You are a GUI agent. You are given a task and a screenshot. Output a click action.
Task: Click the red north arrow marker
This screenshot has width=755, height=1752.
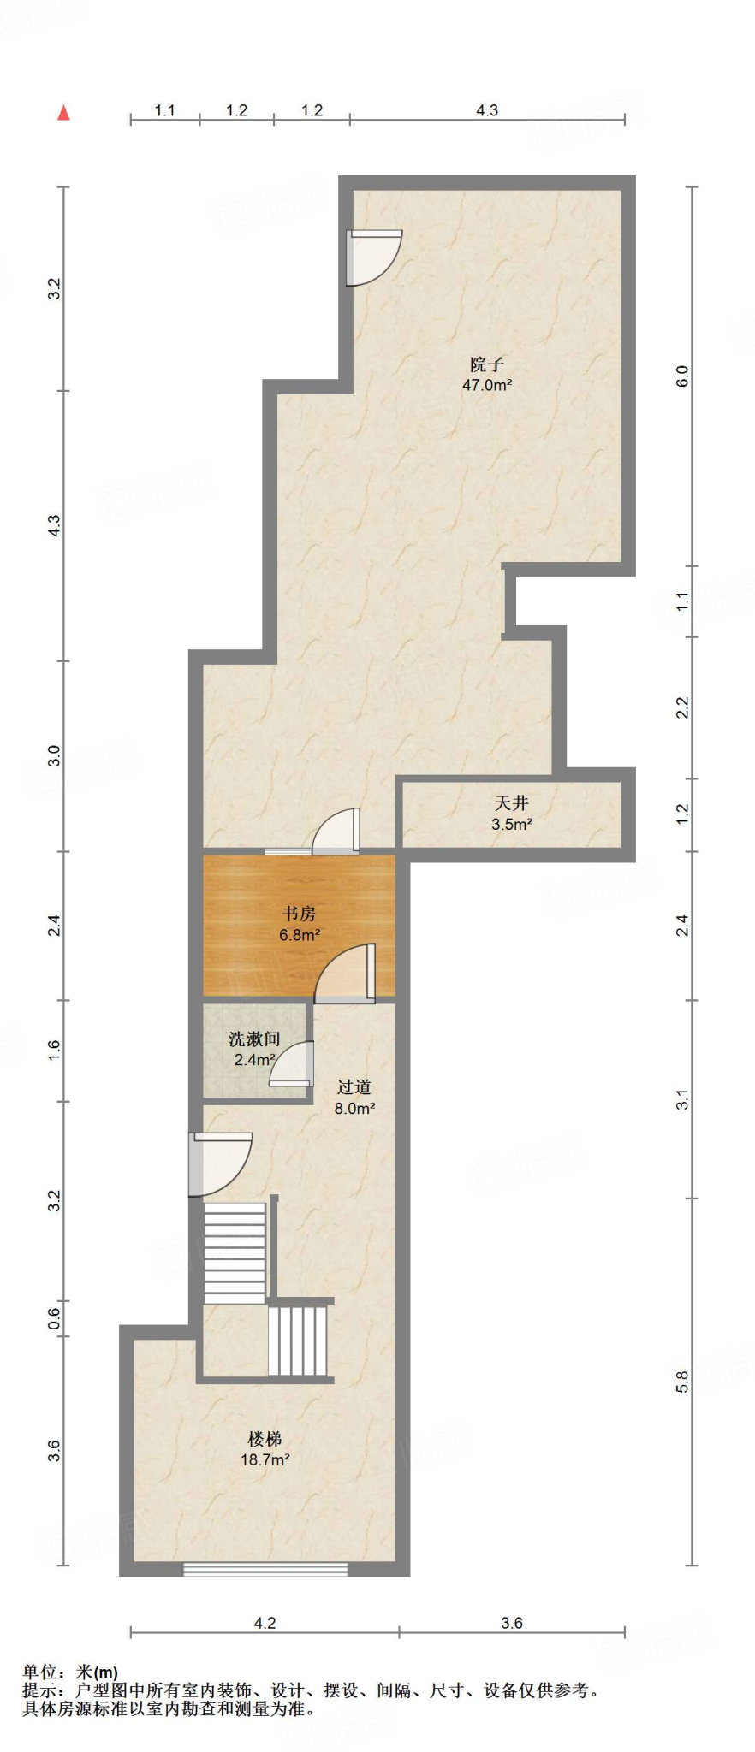click(63, 113)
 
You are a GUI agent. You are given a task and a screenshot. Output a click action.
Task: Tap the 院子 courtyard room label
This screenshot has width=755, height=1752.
click(487, 364)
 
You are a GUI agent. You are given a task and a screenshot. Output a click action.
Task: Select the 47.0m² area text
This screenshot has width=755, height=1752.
click(487, 385)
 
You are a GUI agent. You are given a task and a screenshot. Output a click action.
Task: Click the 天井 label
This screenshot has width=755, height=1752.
click(511, 803)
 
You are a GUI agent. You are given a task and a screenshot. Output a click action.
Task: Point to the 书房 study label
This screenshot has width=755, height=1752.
click(299, 914)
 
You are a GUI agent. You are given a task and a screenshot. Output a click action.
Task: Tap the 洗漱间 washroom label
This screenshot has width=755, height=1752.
click(254, 1039)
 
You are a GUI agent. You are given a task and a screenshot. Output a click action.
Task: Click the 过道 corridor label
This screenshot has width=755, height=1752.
click(354, 1086)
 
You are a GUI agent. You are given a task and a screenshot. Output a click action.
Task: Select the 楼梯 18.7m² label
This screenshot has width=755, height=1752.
click(265, 1449)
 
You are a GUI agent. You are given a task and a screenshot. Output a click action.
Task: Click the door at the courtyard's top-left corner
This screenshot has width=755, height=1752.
click(371, 257)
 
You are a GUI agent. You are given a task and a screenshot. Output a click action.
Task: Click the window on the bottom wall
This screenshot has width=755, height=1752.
click(265, 1569)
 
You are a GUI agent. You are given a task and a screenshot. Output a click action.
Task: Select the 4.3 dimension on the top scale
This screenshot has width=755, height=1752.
click(487, 110)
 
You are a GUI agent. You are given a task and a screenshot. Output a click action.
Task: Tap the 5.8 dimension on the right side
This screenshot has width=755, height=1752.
click(682, 1382)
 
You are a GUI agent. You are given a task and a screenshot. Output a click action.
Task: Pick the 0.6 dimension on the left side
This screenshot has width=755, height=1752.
click(54, 1317)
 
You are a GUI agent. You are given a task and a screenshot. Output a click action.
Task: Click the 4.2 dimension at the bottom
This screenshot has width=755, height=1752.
click(265, 1623)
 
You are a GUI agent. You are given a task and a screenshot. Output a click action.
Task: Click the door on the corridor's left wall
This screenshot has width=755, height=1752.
click(218, 1163)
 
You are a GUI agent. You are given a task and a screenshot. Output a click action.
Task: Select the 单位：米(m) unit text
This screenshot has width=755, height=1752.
click(70, 1672)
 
